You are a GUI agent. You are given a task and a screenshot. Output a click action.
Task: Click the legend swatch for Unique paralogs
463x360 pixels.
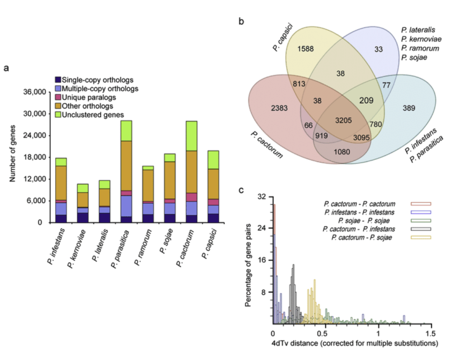(x=57, y=97)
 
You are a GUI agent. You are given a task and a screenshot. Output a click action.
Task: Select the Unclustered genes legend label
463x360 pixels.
(x=93, y=115)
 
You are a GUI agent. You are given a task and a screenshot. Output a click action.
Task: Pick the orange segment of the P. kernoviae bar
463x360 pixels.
(x=82, y=199)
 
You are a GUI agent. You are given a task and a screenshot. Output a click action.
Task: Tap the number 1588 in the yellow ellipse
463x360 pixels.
(x=307, y=48)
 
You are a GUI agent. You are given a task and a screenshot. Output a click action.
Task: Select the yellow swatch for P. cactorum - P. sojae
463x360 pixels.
(x=420, y=238)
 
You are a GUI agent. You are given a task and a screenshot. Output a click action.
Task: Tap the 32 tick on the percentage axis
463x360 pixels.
(x=262, y=197)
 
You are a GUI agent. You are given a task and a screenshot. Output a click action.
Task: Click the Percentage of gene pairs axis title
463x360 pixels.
(x=248, y=261)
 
